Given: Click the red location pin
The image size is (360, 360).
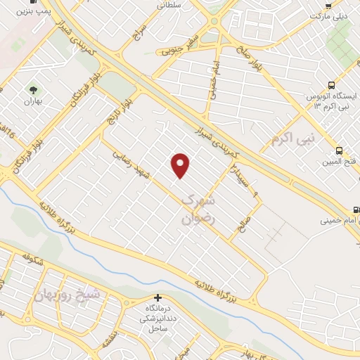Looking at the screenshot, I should pos(181,165).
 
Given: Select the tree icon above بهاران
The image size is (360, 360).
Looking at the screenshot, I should pos(32,89).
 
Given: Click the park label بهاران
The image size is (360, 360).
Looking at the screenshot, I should pos(32,102).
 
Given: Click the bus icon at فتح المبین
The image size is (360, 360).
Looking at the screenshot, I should pos(340,150).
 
